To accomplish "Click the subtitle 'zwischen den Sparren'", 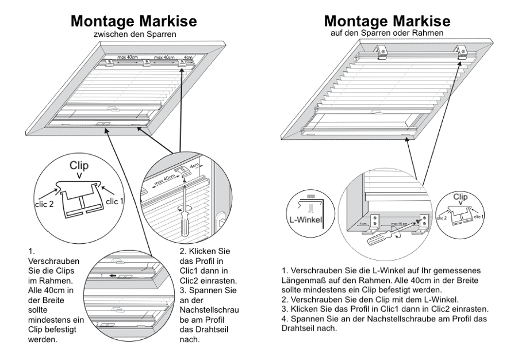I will pyautogui.click(x=134, y=35).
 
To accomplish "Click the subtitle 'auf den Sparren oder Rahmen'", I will pyautogui.click(x=387, y=33).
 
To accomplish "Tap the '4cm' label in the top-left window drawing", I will pyautogui.click(x=188, y=58).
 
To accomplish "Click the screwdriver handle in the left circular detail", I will pyautogui.click(x=184, y=225).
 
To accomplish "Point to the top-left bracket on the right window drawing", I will pyautogui.click(x=381, y=51).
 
